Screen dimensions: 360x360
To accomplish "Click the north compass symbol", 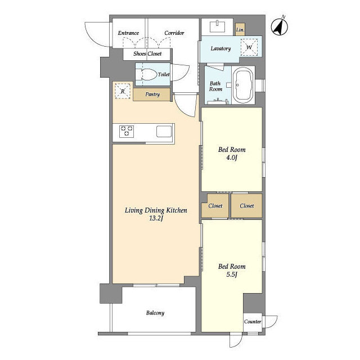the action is click(280, 27).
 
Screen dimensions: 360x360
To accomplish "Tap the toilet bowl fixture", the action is click(147, 74).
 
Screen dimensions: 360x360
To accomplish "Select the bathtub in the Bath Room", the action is click(243, 85).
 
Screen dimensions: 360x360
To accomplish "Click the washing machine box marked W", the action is click(249, 47).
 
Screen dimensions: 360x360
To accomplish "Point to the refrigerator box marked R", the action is click(123, 91).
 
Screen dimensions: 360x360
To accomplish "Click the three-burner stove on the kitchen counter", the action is click(127, 131).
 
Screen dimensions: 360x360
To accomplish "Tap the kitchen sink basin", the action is click(164, 131).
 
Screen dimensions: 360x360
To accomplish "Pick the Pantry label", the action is click(152, 94).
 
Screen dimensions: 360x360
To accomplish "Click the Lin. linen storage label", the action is click(240, 30).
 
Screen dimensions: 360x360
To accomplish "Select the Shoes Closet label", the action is click(147, 54).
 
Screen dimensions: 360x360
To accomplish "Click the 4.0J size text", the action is click(232, 157).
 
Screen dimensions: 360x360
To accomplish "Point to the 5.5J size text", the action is click(232, 274).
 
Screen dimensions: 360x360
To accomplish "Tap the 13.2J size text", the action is click(156, 218).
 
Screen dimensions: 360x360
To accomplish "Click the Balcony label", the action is click(155, 313).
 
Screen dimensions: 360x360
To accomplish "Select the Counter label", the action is click(253, 322).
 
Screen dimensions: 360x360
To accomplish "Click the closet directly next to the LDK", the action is click(215, 206).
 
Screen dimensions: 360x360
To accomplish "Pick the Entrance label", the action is click(128, 33).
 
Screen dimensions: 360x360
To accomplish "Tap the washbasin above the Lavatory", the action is click(218, 26).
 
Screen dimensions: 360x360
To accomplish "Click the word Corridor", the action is click(174, 33).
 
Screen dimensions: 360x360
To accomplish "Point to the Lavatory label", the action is click(220, 48).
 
